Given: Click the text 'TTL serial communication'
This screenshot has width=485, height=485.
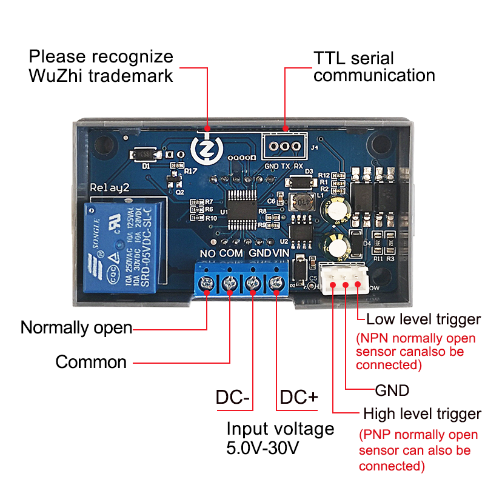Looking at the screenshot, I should (374, 67).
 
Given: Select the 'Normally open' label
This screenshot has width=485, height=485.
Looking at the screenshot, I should (76, 327).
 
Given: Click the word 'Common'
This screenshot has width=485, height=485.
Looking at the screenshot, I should (91, 363).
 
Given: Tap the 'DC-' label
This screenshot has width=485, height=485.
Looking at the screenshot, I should (233, 398).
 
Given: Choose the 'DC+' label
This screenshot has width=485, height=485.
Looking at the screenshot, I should (299, 398).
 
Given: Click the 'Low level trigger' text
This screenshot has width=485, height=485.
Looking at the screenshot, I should (423, 319).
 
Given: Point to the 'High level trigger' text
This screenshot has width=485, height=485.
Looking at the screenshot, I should (422, 415).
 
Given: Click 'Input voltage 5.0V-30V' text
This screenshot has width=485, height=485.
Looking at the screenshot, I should (280, 438).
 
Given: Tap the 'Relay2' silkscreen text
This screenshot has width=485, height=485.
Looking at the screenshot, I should (110, 187).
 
